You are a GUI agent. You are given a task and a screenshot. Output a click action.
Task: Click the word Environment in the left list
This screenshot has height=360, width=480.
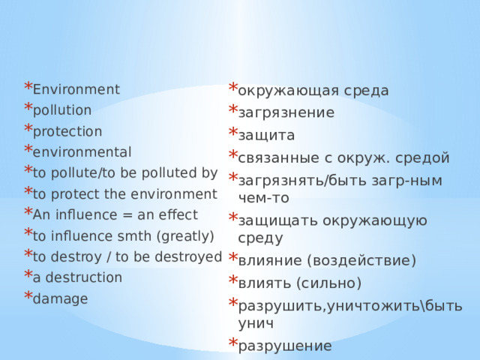[76, 90]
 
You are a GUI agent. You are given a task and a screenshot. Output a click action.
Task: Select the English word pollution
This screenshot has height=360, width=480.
[62, 110]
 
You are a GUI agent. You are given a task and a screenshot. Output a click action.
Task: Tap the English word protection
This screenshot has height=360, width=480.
[67, 131]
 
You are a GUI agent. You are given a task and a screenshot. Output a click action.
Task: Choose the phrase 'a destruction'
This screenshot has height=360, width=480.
[77, 277]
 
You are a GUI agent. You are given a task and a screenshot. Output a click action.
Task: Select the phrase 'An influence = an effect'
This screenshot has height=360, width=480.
[115, 215]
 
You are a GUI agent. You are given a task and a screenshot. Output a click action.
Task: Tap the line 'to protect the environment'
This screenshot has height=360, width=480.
[124, 194]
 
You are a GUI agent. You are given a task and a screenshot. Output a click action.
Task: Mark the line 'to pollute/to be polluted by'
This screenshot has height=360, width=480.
[125, 173]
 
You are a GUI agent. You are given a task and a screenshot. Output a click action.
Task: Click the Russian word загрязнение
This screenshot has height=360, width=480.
[286, 113]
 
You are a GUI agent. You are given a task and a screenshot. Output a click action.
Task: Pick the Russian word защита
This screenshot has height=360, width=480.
[266, 136]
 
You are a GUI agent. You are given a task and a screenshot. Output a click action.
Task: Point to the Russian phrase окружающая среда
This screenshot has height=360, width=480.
[313, 91]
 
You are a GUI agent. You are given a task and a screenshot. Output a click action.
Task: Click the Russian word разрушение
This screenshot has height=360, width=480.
[284, 346]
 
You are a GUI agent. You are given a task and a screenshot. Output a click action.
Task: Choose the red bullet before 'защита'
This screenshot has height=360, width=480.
[232, 133]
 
